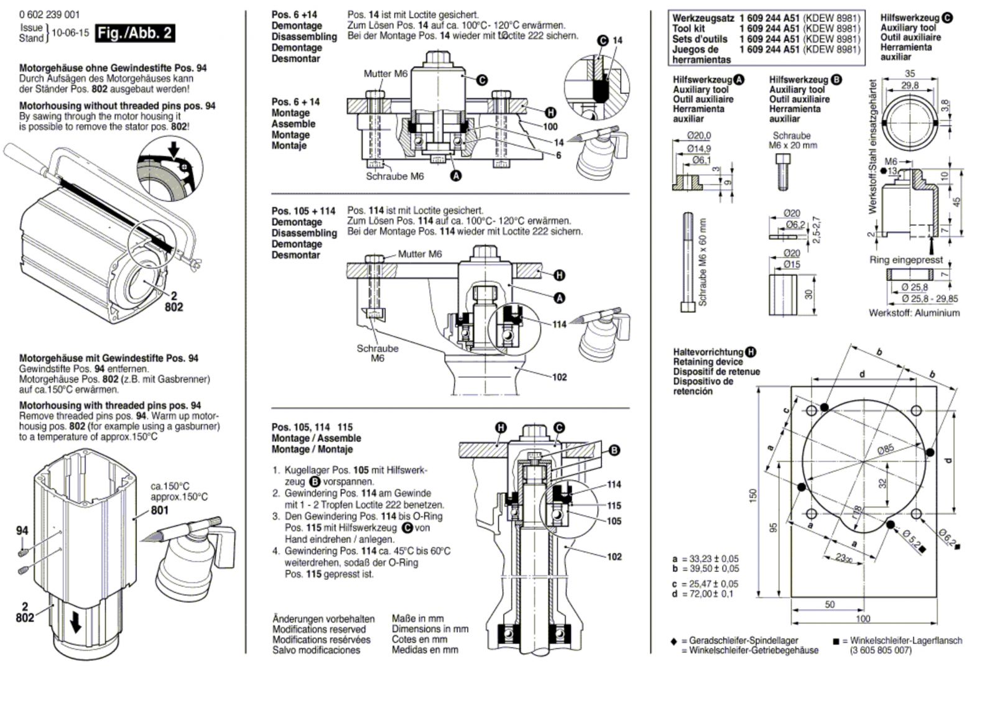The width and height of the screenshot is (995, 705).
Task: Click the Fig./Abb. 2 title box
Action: [x=135, y=34]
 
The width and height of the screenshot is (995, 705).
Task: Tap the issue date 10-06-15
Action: [x=70, y=33]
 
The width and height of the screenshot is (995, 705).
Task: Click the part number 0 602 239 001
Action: [x=49, y=15]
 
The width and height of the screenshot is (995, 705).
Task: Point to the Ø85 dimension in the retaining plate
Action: [x=886, y=449]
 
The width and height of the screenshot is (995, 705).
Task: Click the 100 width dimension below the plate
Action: [x=863, y=619]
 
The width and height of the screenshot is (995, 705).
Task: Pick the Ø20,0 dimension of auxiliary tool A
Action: [x=699, y=136]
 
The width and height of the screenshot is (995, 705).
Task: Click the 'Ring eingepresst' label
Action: [x=905, y=260]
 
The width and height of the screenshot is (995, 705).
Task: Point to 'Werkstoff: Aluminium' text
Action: [x=914, y=313]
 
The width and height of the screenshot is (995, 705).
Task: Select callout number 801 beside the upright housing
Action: [x=159, y=510]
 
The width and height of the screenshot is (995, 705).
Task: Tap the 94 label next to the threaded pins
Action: [x=22, y=530]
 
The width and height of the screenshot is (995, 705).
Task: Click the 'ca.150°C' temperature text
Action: [x=170, y=486]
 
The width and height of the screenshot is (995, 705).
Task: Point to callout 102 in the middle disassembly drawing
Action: [x=559, y=377]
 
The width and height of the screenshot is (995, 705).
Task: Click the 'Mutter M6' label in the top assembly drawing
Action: [x=385, y=74]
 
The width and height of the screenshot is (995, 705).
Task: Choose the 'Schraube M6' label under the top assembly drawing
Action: [x=394, y=177]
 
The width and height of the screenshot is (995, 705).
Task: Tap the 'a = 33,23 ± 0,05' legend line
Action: [x=706, y=559]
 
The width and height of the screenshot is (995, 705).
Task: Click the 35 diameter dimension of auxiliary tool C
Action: [x=909, y=74]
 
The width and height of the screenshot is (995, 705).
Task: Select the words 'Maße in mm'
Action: [x=417, y=619]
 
